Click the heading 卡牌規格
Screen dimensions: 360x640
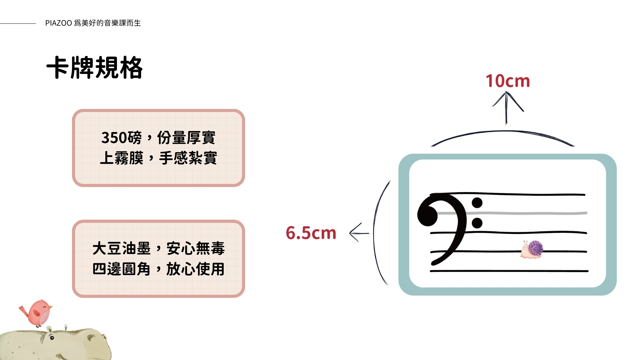(x=95, y=68)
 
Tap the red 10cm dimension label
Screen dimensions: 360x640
(x=507, y=81)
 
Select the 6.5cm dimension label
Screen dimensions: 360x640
(x=311, y=233)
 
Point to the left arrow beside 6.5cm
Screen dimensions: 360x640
(x=359, y=233)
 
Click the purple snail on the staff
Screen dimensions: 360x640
(x=532, y=250)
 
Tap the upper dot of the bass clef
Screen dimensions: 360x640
(x=477, y=203)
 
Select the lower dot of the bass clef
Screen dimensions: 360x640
(x=477, y=223)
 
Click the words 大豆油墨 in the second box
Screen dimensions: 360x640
(x=122, y=249)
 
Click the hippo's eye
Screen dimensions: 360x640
(x=52, y=338)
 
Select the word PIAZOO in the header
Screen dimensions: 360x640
(x=59, y=23)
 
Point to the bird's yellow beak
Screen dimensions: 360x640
(x=51, y=307)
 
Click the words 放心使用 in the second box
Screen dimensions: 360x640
(x=195, y=269)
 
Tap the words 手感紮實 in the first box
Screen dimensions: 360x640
(x=188, y=158)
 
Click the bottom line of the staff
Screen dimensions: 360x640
(x=509, y=271)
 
